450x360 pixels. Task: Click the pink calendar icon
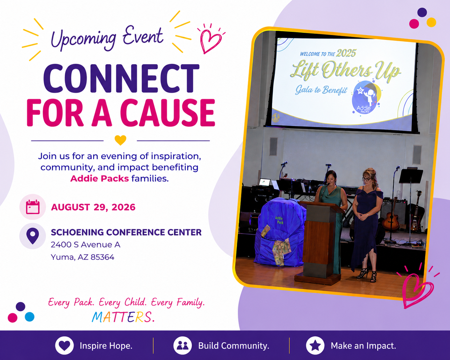point(33,207)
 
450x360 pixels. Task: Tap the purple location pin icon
point(33,236)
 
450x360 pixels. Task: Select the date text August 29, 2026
point(93,207)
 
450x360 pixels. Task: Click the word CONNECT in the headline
point(121,78)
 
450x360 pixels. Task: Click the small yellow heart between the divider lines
point(120,140)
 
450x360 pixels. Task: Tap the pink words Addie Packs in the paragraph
point(100,178)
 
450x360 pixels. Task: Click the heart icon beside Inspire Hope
point(65,346)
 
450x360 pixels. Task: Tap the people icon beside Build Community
point(183,346)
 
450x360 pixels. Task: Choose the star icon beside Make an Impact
point(315,346)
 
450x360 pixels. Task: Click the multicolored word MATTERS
point(123,317)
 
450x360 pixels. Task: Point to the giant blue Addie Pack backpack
point(279,232)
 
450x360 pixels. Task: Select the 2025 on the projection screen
point(346,53)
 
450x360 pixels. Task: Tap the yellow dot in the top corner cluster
point(431,22)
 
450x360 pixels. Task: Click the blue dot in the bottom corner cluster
point(30,317)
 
